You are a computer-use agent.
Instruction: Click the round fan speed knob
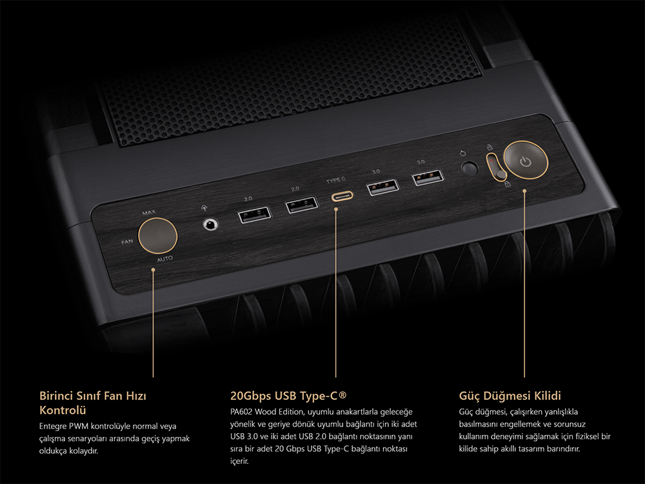(157, 236)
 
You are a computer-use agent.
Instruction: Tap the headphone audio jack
(211, 225)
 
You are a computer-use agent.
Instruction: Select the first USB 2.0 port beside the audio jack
(255, 214)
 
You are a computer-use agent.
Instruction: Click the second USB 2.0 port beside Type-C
(302, 205)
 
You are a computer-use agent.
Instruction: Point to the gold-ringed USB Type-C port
(342, 196)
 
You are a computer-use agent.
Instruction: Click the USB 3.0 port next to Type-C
(382, 187)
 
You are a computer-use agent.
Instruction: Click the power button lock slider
(497, 166)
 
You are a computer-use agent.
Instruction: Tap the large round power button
(526, 160)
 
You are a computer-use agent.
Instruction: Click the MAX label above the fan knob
(148, 212)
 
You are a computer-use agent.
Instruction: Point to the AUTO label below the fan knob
(165, 259)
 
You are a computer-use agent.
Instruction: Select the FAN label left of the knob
(127, 241)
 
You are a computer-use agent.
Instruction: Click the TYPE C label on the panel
(336, 180)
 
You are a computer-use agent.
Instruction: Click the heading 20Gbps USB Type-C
(288, 396)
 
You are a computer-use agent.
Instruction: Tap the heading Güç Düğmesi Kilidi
(510, 396)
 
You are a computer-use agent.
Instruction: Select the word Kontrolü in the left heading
(63, 410)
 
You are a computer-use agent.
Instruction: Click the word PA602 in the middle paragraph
(241, 412)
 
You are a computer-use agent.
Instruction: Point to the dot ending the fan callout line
(153, 270)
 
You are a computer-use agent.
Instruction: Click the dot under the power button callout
(524, 191)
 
